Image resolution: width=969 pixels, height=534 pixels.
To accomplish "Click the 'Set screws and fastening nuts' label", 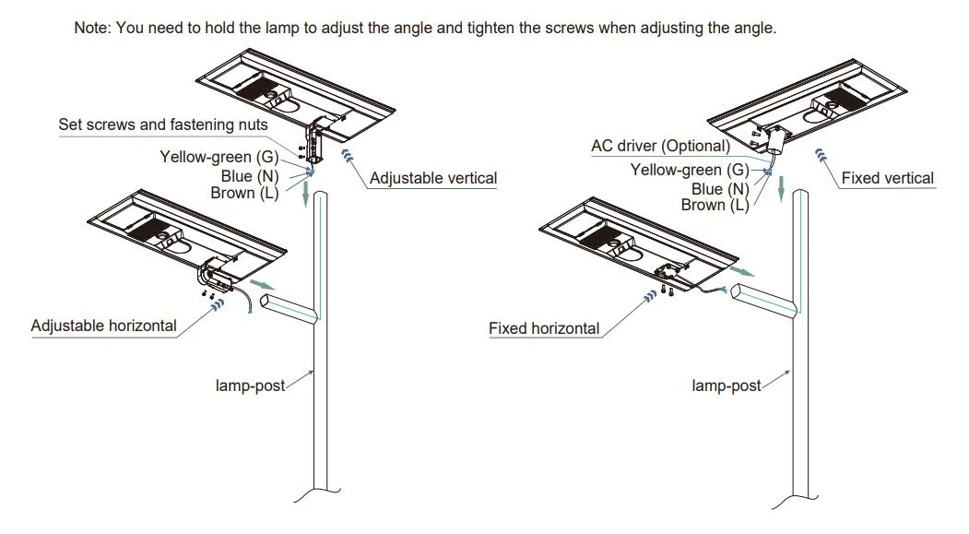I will click(163, 125).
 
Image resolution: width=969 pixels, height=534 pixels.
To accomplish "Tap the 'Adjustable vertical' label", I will click(432, 178).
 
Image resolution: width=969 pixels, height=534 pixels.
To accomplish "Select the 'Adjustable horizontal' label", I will click(103, 326).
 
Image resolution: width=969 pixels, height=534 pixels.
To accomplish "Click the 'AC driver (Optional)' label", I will click(660, 146).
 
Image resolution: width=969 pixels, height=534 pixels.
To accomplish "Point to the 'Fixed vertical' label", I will click(887, 178).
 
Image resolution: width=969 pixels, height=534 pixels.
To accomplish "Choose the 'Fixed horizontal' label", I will click(544, 328).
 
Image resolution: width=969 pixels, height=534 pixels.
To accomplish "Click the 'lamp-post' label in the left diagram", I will click(251, 386).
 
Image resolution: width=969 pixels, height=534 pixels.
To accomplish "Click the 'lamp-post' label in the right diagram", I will click(727, 386).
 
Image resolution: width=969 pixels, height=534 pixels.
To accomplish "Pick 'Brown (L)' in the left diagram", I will click(245, 193).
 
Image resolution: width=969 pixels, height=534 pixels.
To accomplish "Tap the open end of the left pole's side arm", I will click(267, 303).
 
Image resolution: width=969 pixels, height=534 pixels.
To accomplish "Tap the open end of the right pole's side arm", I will click(740, 292).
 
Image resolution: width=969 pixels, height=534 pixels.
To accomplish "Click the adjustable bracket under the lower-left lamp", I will click(219, 270).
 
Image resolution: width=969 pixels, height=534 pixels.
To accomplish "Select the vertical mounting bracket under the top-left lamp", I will click(319, 140).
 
